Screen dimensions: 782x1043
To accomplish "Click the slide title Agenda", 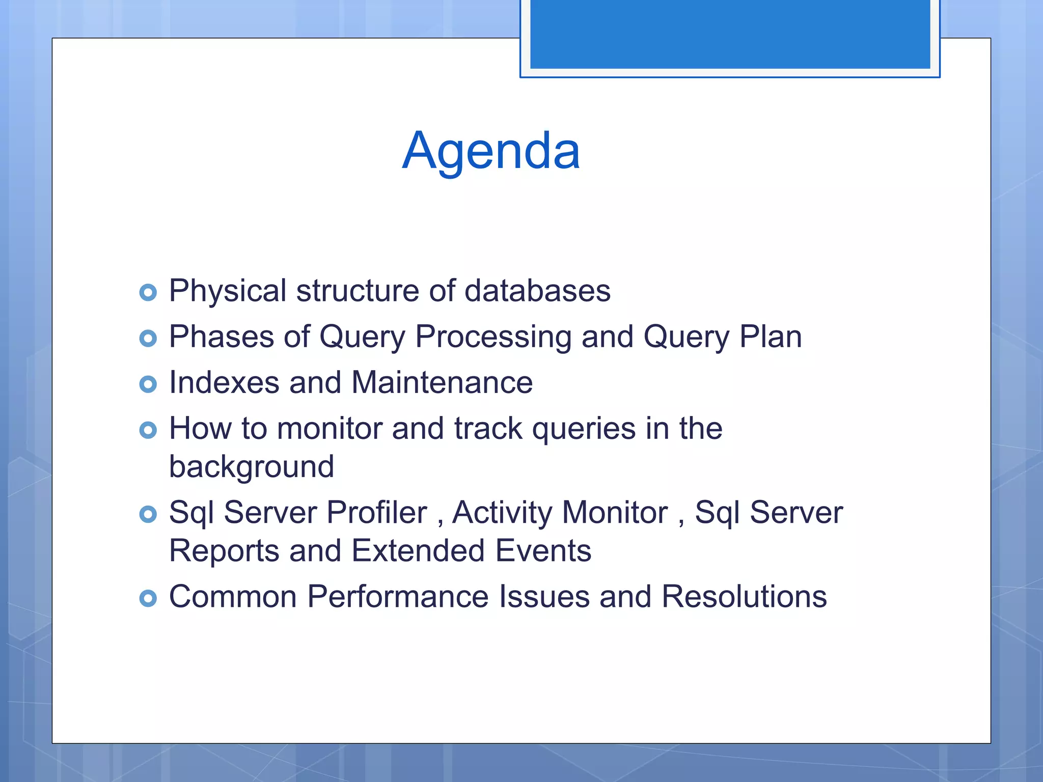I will [x=490, y=151].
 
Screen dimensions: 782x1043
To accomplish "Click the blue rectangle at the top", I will [x=730, y=35].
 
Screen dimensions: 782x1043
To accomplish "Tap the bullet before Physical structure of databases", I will [x=148, y=292].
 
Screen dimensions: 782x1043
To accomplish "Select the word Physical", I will [x=228, y=291].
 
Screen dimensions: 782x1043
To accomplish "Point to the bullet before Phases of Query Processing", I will [x=148, y=338].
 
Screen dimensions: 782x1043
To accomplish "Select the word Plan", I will [x=770, y=337].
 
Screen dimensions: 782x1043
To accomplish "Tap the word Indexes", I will [x=224, y=382].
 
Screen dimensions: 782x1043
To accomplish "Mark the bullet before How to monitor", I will [x=148, y=430].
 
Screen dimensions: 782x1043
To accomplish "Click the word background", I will [x=252, y=467].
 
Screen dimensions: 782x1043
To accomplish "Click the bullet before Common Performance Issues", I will [x=148, y=598].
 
